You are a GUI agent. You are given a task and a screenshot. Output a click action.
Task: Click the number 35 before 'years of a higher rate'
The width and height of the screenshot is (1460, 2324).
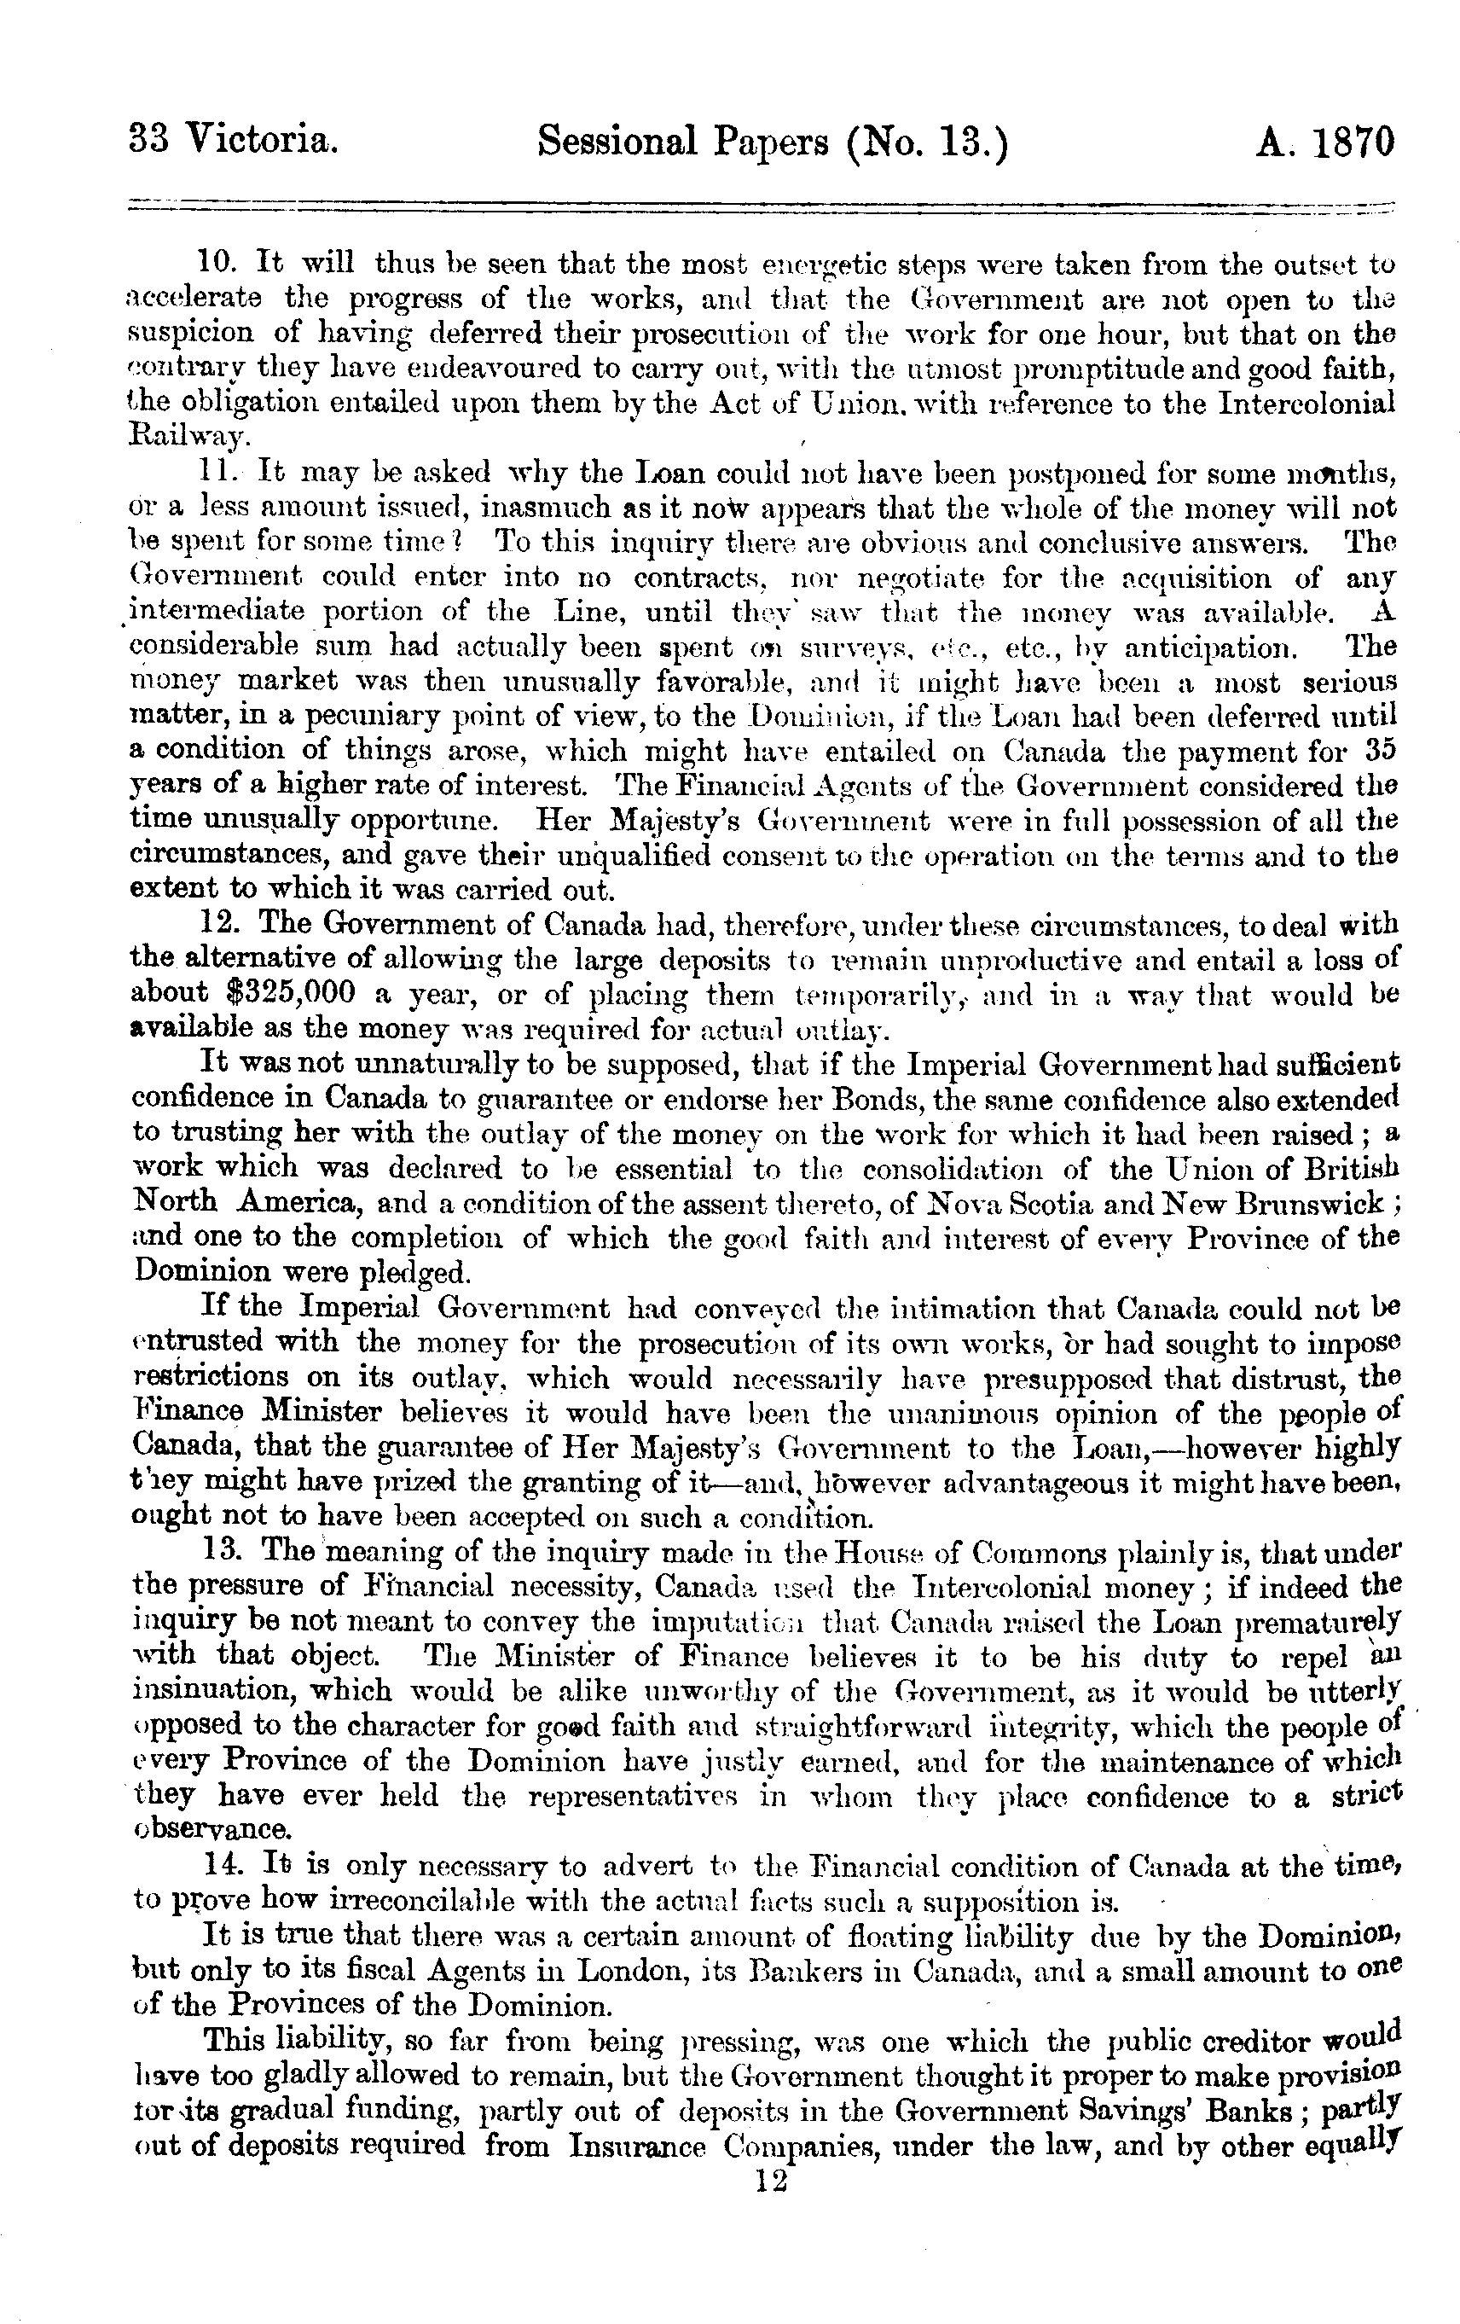(x=1380, y=750)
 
